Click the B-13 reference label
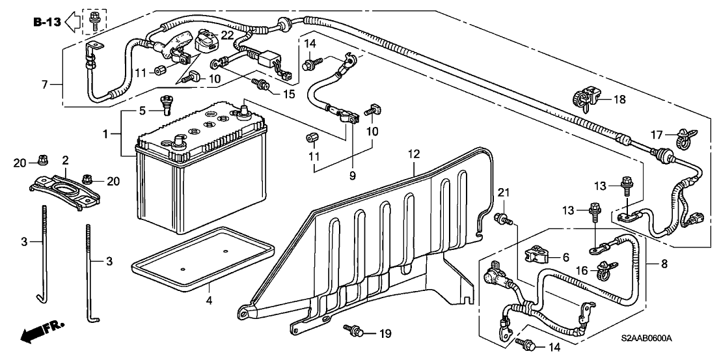[47, 22]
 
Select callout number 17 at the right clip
[657, 135]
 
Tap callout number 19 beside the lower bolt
[385, 334]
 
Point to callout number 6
[565, 257]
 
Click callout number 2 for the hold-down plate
[65, 159]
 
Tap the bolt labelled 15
[261, 84]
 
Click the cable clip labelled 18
[581, 98]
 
